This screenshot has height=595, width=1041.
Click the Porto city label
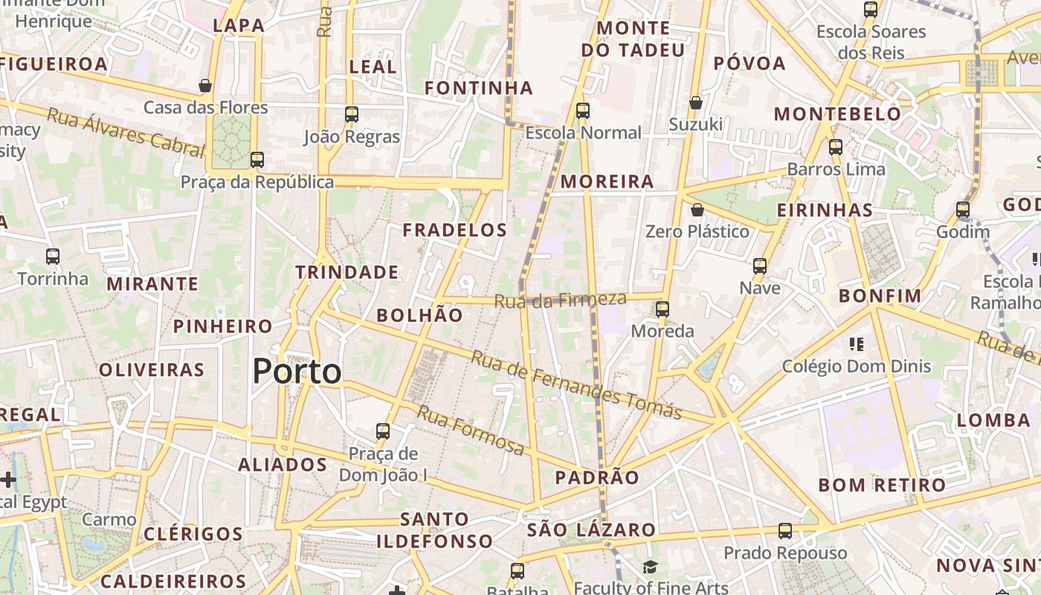(x=297, y=371)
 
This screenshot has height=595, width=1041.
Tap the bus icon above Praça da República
(x=257, y=159)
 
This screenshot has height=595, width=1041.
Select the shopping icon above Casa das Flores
(x=205, y=86)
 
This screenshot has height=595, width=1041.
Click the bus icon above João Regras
(x=352, y=115)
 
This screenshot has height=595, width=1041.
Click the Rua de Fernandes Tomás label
(x=576, y=385)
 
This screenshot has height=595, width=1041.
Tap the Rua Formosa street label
(x=470, y=430)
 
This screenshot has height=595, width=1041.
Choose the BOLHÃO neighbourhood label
(x=419, y=315)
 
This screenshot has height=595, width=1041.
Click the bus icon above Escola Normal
(x=583, y=111)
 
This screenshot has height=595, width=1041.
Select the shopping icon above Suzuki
(x=696, y=102)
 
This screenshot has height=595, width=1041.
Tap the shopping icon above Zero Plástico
(x=697, y=210)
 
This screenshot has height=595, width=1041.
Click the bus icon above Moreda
(x=663, y=309)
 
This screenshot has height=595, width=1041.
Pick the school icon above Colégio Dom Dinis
(x=857, y=344)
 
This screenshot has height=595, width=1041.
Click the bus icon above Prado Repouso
(x=785, y=531)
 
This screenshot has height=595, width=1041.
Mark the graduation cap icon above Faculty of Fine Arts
(x=651, y=567)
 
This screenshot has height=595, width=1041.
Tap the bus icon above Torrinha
(x=53, y=257)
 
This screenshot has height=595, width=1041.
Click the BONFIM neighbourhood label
(x=880, y=295)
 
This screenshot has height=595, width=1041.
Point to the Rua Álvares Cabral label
(x=125, y=132)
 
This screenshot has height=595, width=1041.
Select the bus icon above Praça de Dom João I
(x=383, y=431)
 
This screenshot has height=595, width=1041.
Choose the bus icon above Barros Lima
(x=836, y=147)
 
